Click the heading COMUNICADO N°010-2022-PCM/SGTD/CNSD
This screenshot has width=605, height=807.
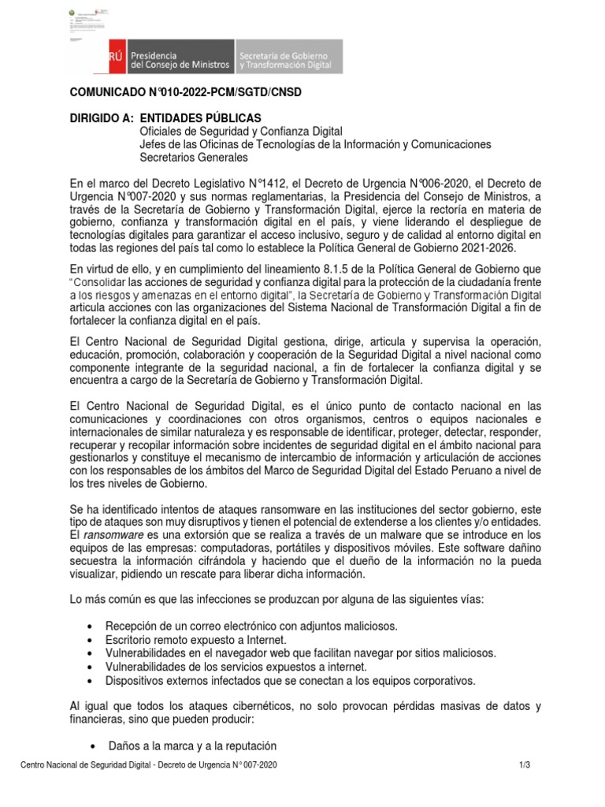[x=186, y=93]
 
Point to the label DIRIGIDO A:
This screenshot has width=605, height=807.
[x=102, y=118]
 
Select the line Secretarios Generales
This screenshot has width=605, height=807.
[x=193, y=158]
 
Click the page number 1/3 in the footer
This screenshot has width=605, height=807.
[x=525, y=765]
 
